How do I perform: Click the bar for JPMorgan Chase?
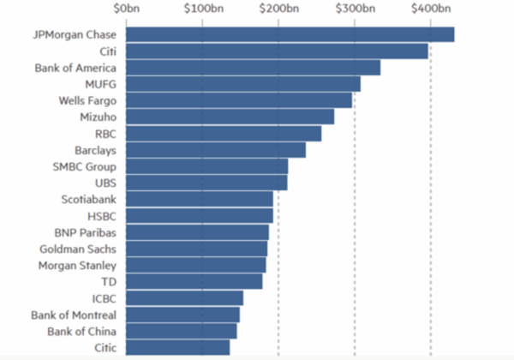[290, 34]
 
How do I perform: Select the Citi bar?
[277, 51]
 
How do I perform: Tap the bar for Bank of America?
[253, 68]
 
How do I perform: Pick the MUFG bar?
[242, 84]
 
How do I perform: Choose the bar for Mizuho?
[230, 117]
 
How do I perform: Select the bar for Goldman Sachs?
[196, 249]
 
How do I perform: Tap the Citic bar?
[177, 347]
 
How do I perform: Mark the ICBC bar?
[184, 298]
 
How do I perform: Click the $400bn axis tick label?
[431, 9]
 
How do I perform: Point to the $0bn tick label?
[127, 9]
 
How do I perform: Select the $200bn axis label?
[278, 9]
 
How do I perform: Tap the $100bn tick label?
[202, 9]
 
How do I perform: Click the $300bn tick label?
[355, 9]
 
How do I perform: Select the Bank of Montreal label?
[74, 315]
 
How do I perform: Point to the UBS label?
[105, 183]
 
